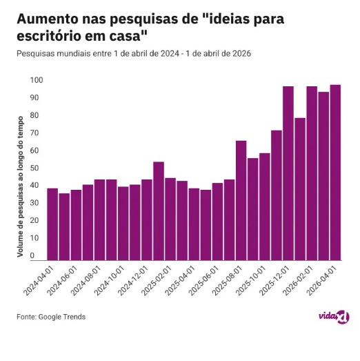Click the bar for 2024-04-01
[52, 224]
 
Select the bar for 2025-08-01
[241, 201]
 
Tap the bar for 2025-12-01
[288, 173]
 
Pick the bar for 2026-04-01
[335, 173]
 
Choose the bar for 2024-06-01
[76, 225]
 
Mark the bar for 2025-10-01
[265, 207]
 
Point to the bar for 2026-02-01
[312, 173]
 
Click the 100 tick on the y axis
[37, 80]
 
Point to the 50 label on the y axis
[34, 168]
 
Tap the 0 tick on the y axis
[32, 255]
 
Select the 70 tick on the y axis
[34, 133]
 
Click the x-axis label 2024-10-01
[110, 280]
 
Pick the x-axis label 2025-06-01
[204, 280]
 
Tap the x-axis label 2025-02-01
[157, 280]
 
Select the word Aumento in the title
[48, 19]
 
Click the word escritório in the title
[49, 36]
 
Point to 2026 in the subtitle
[241, 53]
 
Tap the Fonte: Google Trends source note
[51, 317]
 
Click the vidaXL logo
[334, 316]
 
